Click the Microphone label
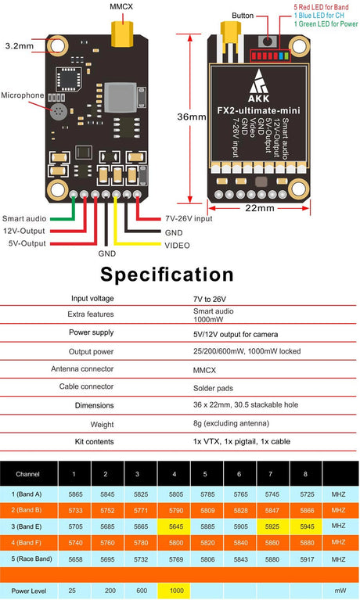(23, 95)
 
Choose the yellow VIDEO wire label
(177, 245)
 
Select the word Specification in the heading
(167, 275)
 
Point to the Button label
(243, 16)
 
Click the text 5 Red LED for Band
(322, 7)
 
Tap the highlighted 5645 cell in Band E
(175, 526)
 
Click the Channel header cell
(27, 474)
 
